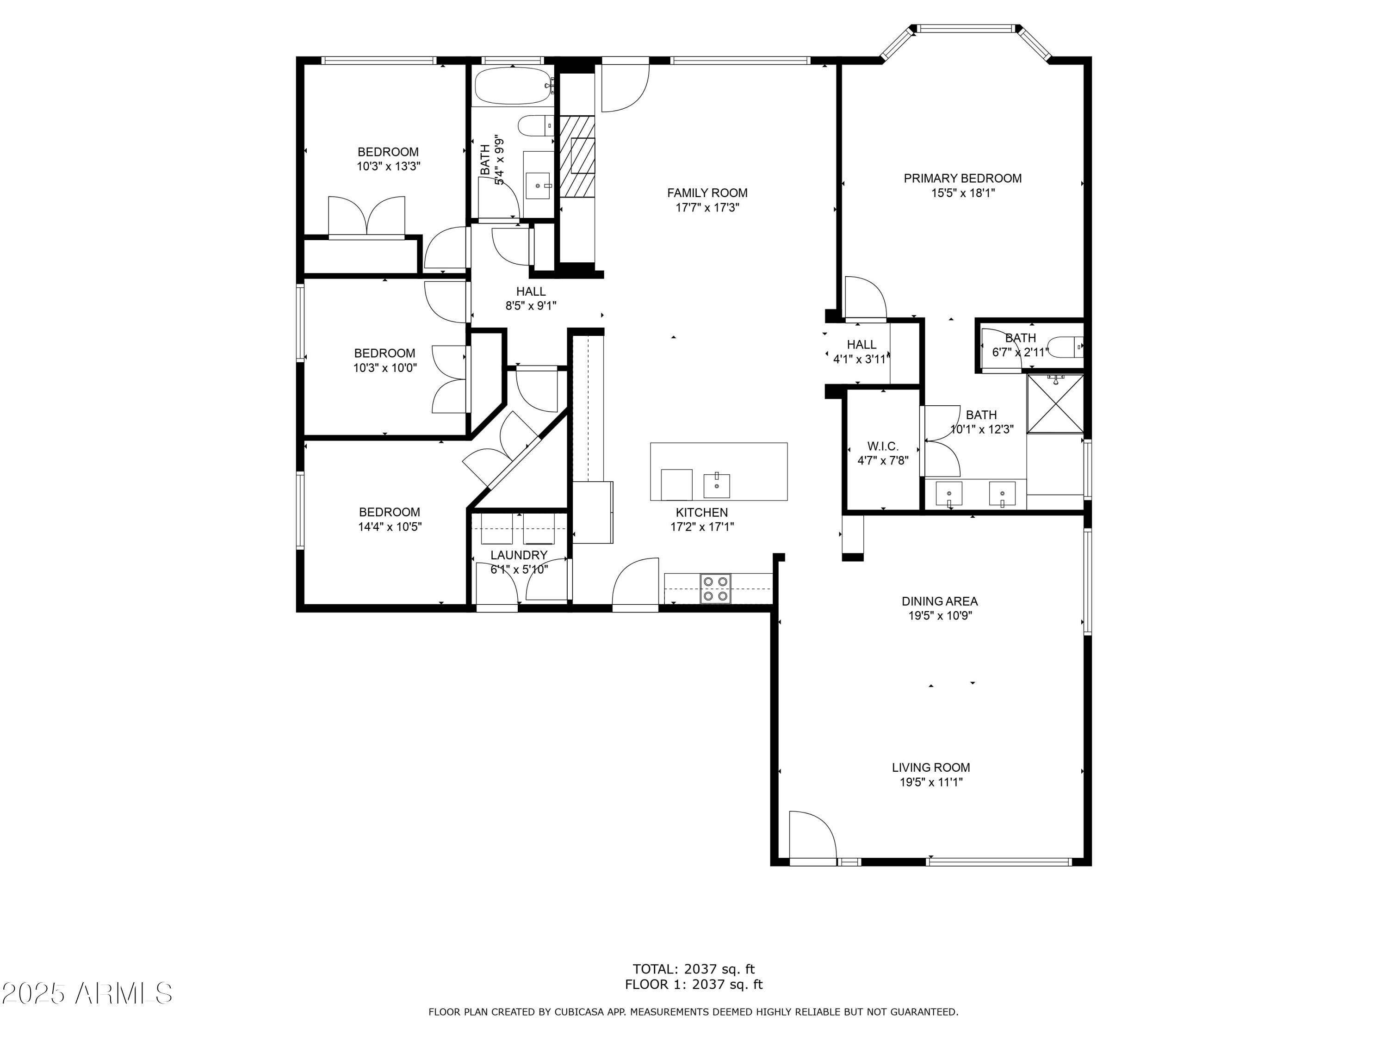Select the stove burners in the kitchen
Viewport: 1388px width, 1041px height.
[715, 589]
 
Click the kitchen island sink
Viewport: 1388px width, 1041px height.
[717, 484]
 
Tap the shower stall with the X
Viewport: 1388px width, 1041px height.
[1055, 403]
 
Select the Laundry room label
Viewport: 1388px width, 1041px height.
[519, 555]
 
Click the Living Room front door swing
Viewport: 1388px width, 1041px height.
[812, 835]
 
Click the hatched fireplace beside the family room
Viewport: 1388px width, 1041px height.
[576, 156]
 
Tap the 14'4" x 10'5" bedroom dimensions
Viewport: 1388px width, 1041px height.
[390, 527]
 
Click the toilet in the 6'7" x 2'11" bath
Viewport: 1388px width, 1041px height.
[1066, 347]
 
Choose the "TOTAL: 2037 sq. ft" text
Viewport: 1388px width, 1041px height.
[694, 969]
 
